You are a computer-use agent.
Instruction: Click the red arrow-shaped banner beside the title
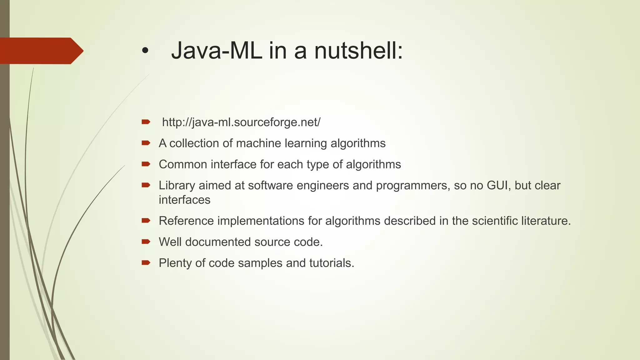[41, 51]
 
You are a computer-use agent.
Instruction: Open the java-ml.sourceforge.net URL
[241, 122]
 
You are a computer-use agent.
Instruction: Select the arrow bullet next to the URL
[146, 122]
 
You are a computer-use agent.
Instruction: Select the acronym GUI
[498, 186]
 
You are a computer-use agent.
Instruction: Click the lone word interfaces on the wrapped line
[184, 200]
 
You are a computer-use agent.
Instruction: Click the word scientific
[495, 221]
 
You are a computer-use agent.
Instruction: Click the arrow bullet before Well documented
[146, 242]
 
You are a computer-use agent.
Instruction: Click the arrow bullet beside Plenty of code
[146, 262]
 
